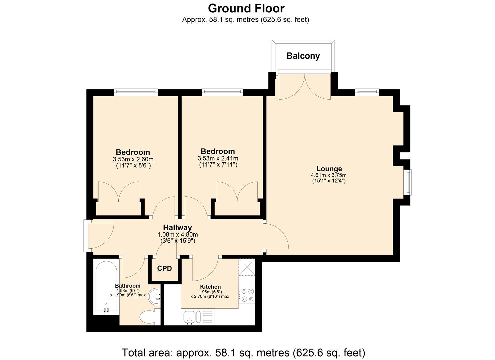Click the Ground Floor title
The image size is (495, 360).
246,8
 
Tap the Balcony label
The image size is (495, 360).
303,56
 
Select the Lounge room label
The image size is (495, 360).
329,169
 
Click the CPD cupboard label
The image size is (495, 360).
164,268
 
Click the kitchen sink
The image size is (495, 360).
189,317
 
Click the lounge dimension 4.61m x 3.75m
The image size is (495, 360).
329,175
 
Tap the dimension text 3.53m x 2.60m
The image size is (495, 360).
133,159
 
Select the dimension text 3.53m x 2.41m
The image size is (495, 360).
218,159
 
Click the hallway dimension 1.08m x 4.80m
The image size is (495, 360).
178,234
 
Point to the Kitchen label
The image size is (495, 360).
210,287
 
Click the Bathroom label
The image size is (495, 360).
128,286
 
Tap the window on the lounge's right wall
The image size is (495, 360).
409,182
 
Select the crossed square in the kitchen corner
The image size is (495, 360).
247,267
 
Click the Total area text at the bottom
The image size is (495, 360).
243,352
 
